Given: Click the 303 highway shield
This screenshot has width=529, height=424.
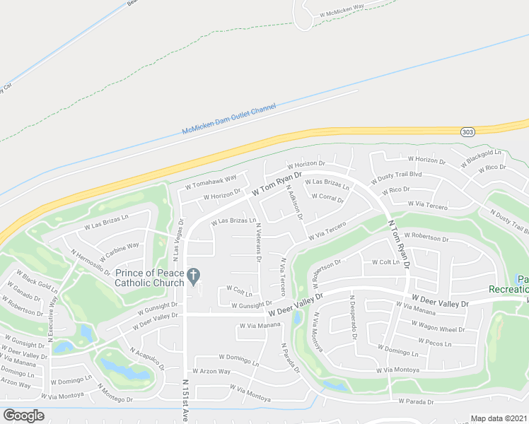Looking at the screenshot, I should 467,132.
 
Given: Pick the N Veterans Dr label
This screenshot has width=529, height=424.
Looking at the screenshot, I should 258,245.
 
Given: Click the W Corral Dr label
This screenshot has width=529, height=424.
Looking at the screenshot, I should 326,199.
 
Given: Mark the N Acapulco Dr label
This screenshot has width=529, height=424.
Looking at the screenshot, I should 146,358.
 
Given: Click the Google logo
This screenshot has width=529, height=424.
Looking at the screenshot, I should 23,416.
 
